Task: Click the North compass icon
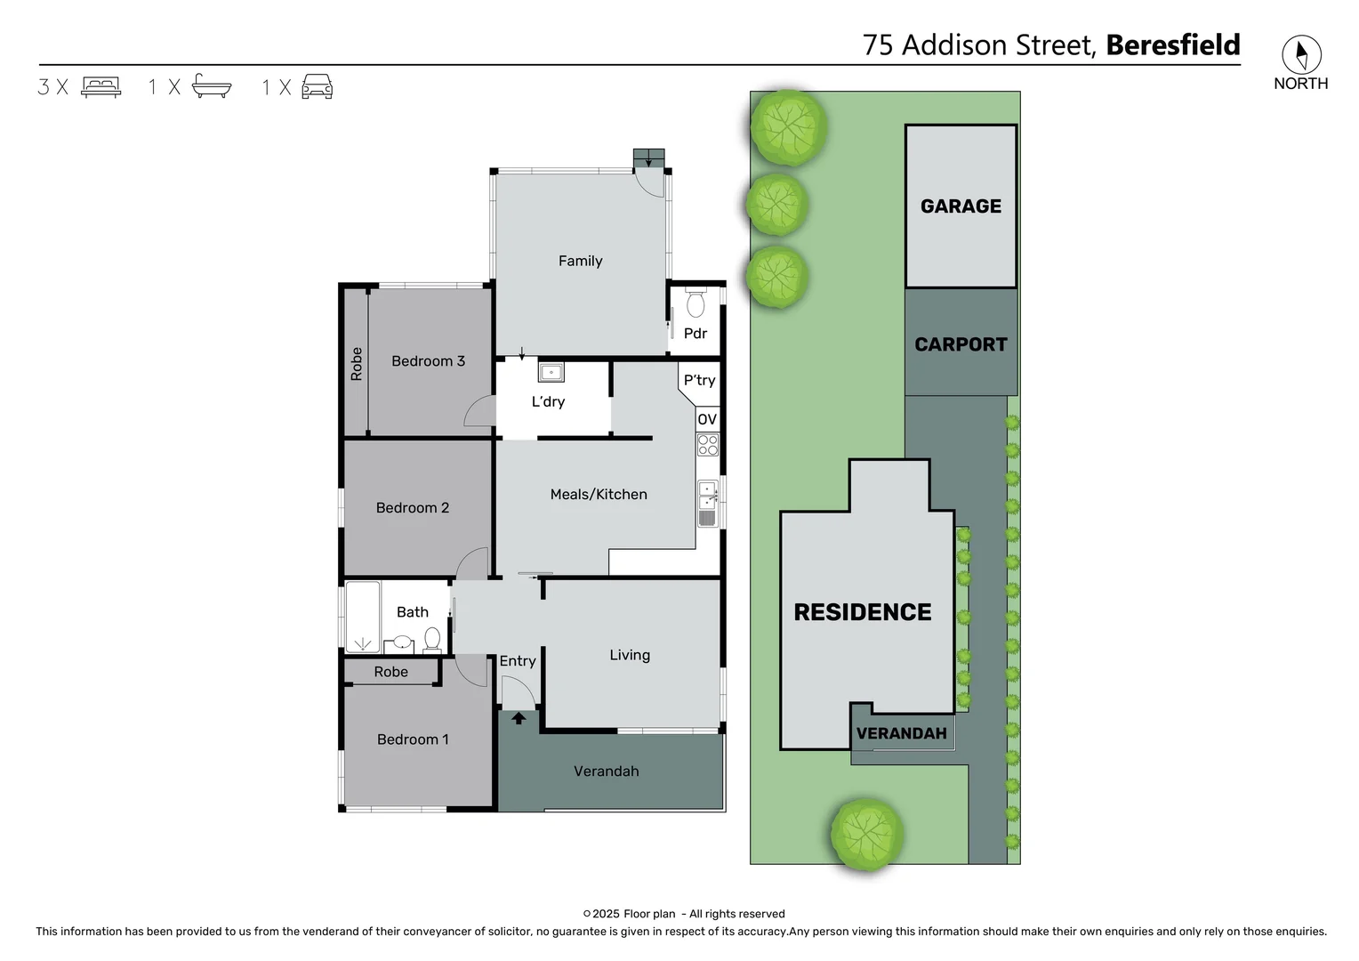point(1301,55)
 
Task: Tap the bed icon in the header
point(101,87)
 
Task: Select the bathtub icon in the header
point(212,86)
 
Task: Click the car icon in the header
point(318,86)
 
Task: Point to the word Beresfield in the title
point(1172,45)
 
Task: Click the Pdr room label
point(695,334)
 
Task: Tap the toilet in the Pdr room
point(696,303)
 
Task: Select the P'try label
point(699,380)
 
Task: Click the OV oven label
point(707,420)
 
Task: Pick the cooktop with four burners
point(708,445)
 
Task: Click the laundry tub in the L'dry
point(551,372)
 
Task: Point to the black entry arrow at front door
point(519,717)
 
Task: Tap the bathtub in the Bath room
point(362,617)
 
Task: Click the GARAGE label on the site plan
point(961,206)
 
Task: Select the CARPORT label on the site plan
point(961,345)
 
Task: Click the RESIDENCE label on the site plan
point(862,612)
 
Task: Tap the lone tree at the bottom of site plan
point(866,834)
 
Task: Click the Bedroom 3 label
point(428,361)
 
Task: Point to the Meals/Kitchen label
point(599,495)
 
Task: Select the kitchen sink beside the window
point(708,496)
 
